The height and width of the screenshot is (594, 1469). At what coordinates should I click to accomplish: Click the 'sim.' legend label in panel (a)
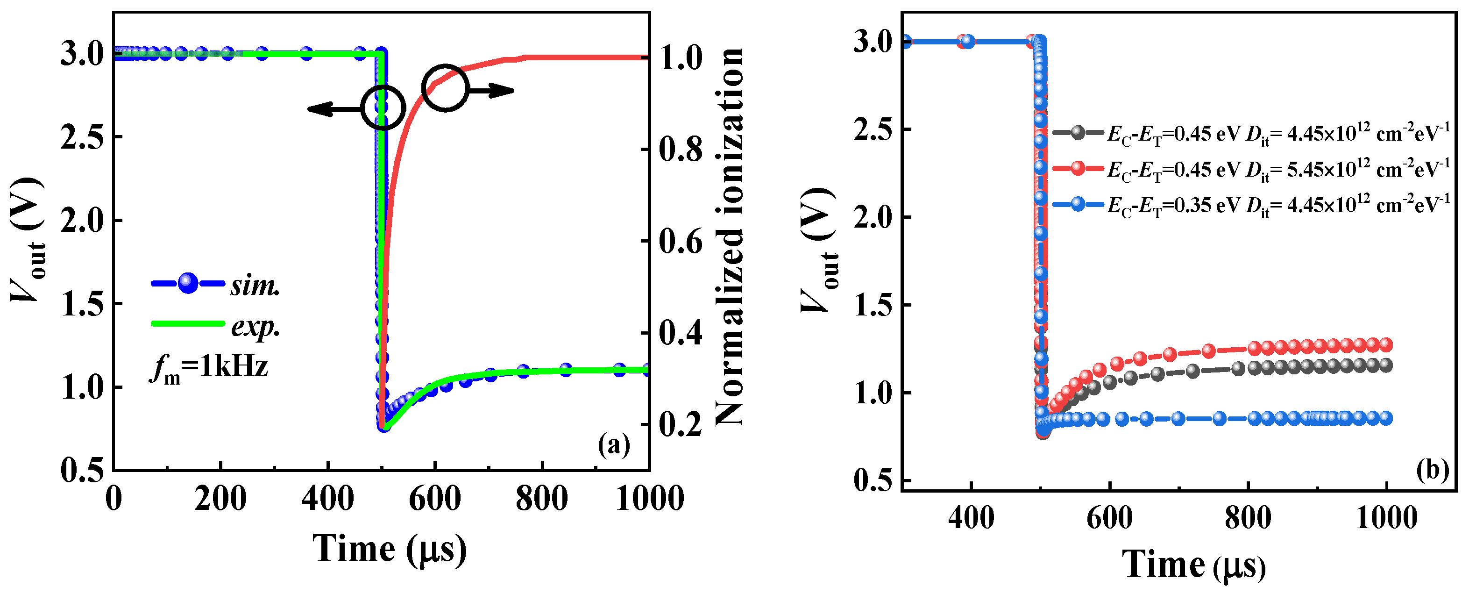(x=255, y=285)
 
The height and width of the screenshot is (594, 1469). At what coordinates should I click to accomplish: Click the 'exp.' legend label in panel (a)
(x=255, y=326)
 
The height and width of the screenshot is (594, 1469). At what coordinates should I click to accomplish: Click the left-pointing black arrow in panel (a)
(x=334, y=108)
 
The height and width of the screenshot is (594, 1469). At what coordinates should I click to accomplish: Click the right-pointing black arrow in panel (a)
(x=491, y=90)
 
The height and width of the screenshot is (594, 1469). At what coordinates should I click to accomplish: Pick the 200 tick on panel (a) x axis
(x=220, y=498)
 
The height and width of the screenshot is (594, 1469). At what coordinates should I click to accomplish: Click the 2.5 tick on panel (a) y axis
(x=83, y=137)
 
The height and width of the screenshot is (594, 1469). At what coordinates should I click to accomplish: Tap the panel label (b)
(x=1432, y=470)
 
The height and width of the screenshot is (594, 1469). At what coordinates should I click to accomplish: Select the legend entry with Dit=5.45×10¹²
(x=1249, y=169)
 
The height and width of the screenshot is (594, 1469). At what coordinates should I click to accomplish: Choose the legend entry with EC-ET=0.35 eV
(x=1249, y=204)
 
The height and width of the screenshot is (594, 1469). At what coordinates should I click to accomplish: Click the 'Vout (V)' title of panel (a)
(x=28, y=240)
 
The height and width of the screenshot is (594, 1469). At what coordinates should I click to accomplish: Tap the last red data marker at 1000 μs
(x=1386, y=344)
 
